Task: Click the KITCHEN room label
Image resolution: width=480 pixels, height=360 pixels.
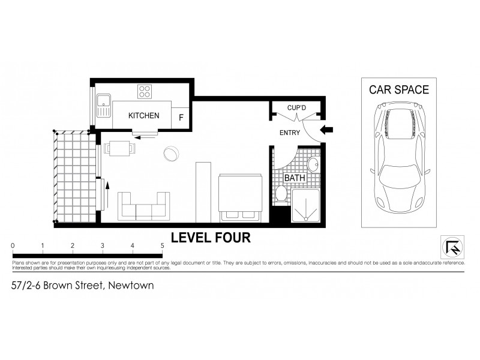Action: tap(144, 116)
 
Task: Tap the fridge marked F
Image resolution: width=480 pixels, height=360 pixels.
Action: tap(181, 117)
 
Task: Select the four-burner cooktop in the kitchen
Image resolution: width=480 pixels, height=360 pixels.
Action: tap(145, 92)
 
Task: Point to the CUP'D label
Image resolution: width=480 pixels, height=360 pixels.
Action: tap(297, 108)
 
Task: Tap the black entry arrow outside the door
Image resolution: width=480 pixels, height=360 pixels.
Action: tap(327, 130)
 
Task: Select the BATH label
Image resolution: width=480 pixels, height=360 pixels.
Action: tap(294, 178)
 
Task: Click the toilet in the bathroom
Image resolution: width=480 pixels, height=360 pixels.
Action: tap(280, 194)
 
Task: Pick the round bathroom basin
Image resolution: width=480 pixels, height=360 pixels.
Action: tap(314, 166)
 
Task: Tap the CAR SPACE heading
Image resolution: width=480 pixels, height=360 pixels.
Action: tap(398, 90)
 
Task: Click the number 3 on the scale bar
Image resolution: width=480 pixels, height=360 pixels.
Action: tap(103, 245)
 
